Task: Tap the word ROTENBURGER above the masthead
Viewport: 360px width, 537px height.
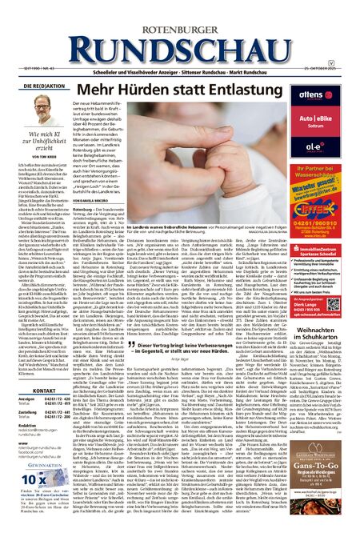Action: (x=179, y=13)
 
